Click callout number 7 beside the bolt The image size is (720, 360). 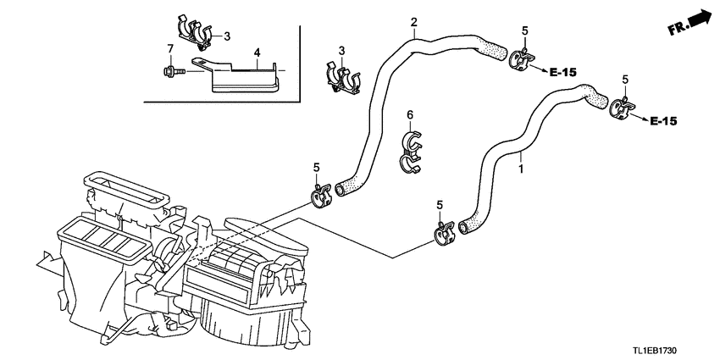pyautogui.click(x=170, y=48)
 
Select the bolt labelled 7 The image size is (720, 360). pyautogui.click(x=174, y=71)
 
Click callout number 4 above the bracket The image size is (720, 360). pyautogui.click(x=258, y=53)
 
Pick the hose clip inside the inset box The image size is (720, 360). pyautogui.click(x=195, y=31)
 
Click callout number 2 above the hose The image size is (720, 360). pyautogui.click(x=413, y=21)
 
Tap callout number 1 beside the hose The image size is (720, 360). pyautogui.click(x=520, y=169)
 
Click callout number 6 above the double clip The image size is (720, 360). pyautogui.click(x=410, y=114)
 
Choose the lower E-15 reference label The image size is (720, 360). pyautogui.click(x=663, y=121)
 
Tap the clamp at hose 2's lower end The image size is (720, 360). pyautogui.click(x=320, y=195)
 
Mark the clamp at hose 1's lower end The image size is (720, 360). pyautogui.click(x=444, y=232)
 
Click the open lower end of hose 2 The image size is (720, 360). pyautogui.click(x=341, y=189)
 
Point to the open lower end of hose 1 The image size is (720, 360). pyautogui.click(x=463, y=227)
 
